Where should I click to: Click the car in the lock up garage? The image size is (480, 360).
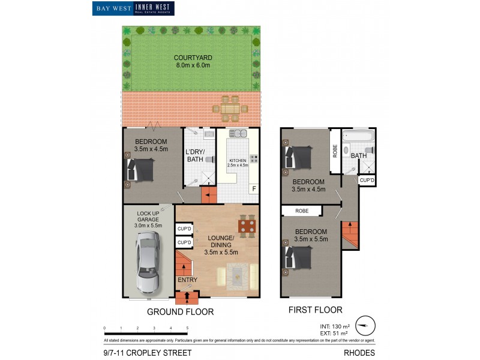pyautogui.click(x=148, y=260)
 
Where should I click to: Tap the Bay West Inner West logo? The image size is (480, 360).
pyautogui.click(x=133, y=8)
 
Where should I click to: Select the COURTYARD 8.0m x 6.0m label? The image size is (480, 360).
pyautogui.click(x=193, y=61)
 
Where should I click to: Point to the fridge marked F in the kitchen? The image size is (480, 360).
pyautogui.click(x=254, y=189)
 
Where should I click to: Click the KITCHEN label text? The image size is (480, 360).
pyautogui.click(x=238, y=161)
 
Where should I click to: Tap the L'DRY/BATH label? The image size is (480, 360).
pyautogui.click(x=195, y=155)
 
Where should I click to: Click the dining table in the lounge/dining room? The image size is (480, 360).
pyautogui.click(x=247, y=226)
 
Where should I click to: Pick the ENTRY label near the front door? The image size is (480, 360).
pyautogui.click(x=187, y=280)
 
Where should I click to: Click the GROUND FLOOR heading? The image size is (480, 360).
pyautogui.click(x=180, y=312)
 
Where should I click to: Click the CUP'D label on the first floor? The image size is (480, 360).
pyautogui.click(x=367, y=180)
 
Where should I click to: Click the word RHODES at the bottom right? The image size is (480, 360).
pyautogui.click(x=359, y=353)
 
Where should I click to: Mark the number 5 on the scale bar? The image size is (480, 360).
pyautogui.click(x=188, y=328)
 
